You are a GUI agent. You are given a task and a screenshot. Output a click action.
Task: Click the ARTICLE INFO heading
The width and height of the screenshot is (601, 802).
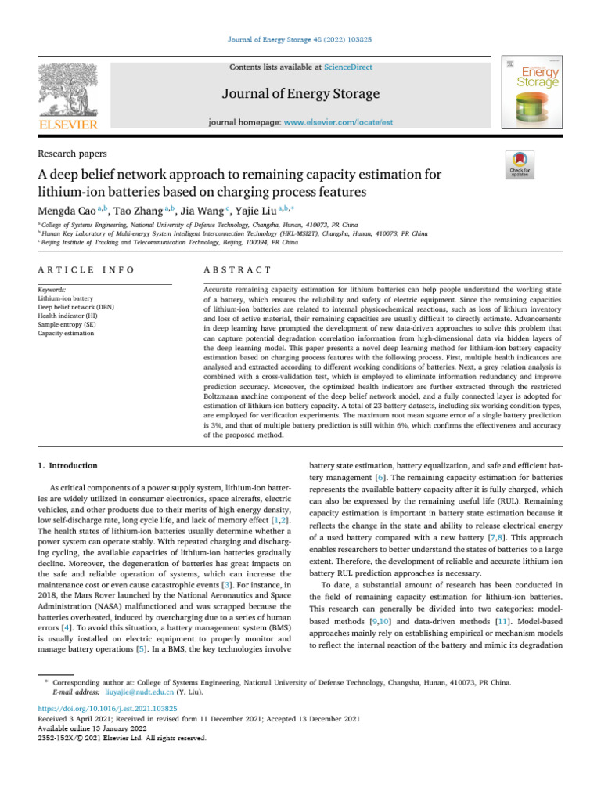pyautogui.click(x=86, y=269)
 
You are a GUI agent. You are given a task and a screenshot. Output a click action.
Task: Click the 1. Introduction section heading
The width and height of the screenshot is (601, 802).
pyautogui.click(x=68, y=465)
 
